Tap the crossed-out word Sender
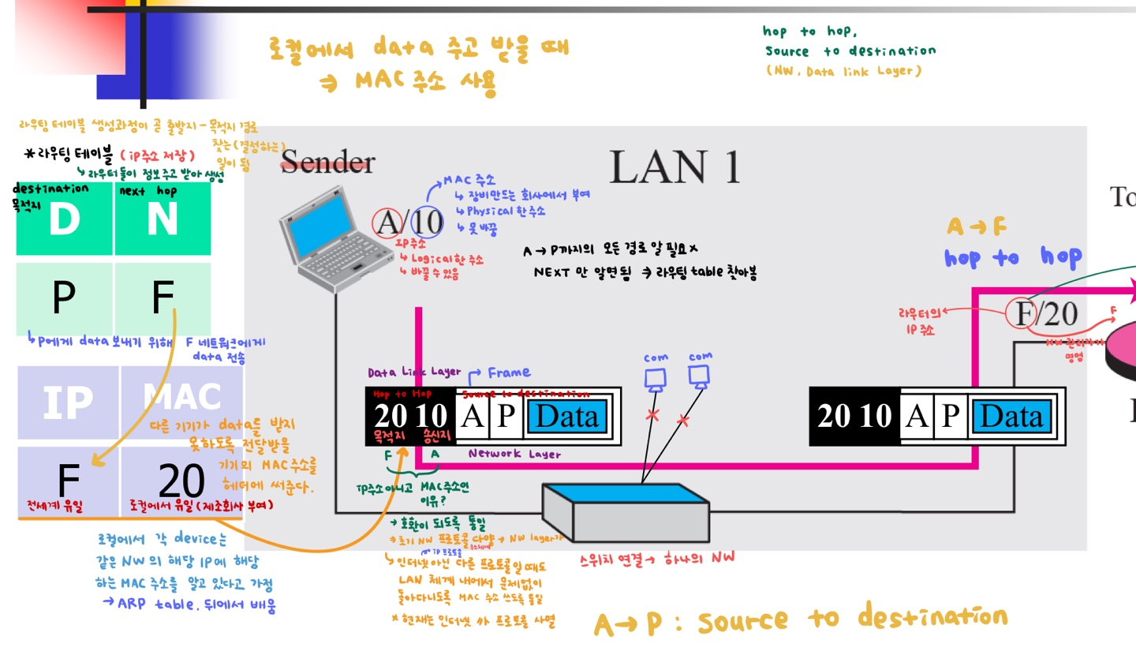point(328,163)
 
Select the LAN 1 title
point(674,167)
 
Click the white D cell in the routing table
point(64,219)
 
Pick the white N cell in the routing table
point(163,219)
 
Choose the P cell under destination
point(64,297)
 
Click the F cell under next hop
point(163,297)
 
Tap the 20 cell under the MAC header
point(181,479)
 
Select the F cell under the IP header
point(68,479)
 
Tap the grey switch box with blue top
point(626,508)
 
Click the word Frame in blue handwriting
point(509,372)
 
